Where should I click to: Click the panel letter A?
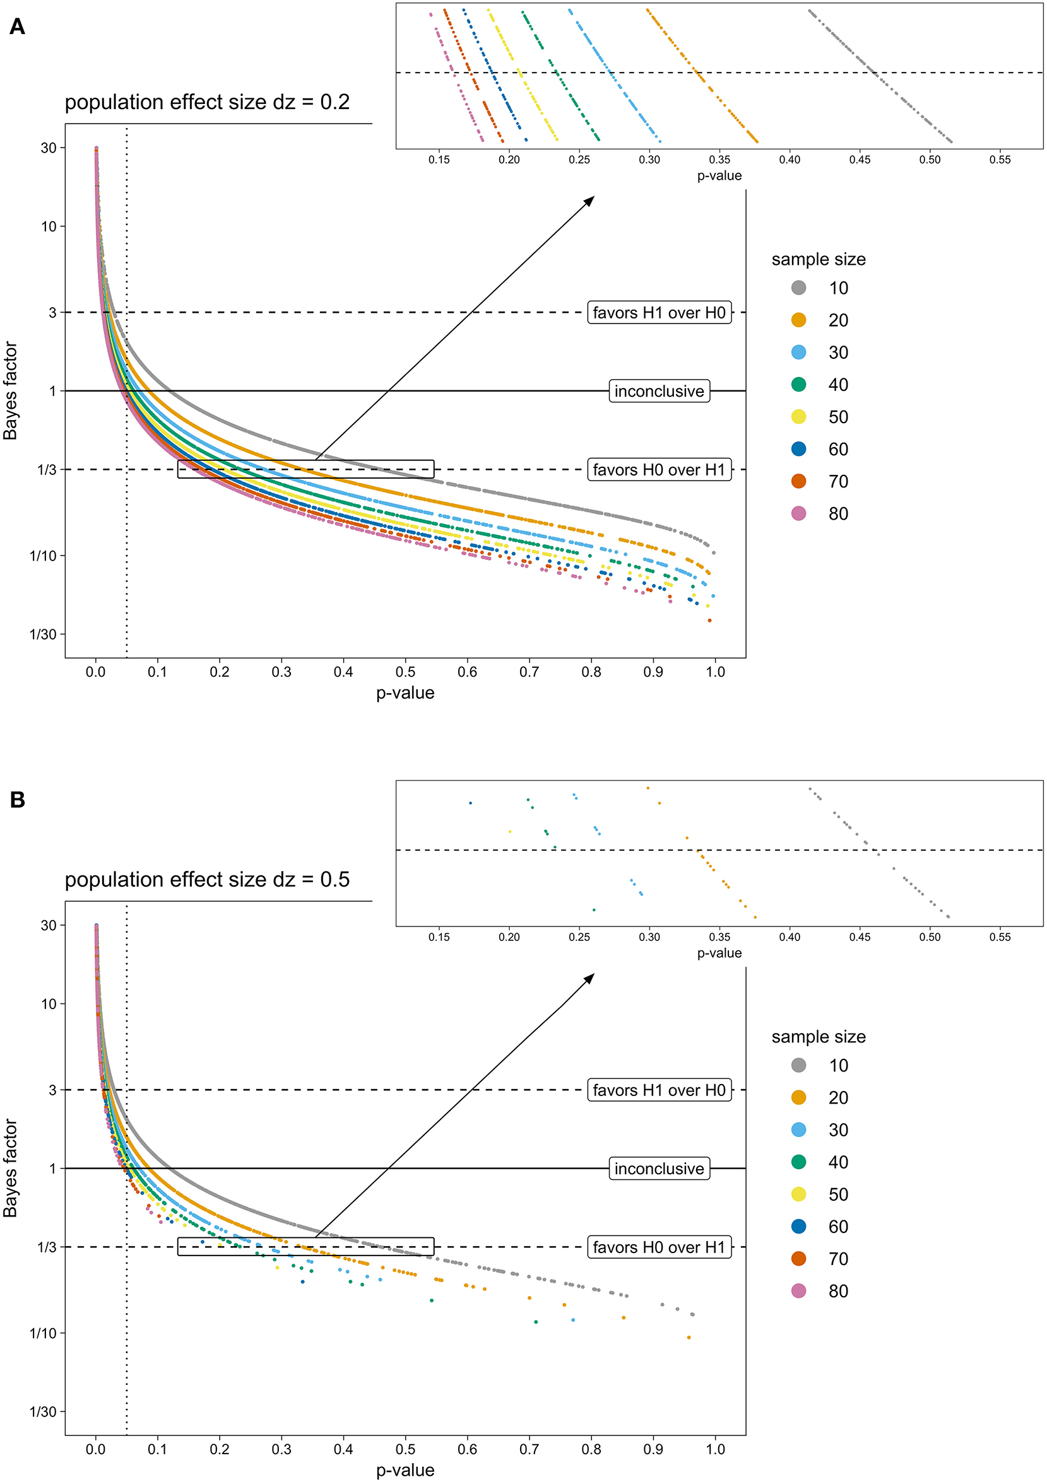[x=18, y=26]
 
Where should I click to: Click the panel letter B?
[x=18, y=800]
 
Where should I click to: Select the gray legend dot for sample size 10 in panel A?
[x=798, y=288]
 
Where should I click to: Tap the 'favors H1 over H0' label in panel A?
[x=659, y=312]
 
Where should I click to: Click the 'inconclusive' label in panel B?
[x=659, y=1169]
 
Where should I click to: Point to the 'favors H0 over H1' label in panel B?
[x=659, y=1247]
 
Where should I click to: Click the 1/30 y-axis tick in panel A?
[x=44, y=634]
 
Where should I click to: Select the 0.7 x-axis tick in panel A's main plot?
[x=529, y=672]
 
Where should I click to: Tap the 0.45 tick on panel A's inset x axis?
[x=860, y=160]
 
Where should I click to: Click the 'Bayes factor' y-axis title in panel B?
[x=10, y=1168]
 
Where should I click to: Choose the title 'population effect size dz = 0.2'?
[x=207, y=102]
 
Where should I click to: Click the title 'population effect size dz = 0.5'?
[x=207, y=879]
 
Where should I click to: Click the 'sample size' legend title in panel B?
[x=819, y=1037]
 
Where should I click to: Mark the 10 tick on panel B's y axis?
[x=49, y=1004]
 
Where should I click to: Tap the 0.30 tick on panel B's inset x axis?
[x=649, y=936]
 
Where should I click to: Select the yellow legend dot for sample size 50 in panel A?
[x=798, y=417]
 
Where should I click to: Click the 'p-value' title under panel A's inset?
[x=719, y=175]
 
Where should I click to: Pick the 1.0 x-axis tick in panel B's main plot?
[x=715, y=1449]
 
